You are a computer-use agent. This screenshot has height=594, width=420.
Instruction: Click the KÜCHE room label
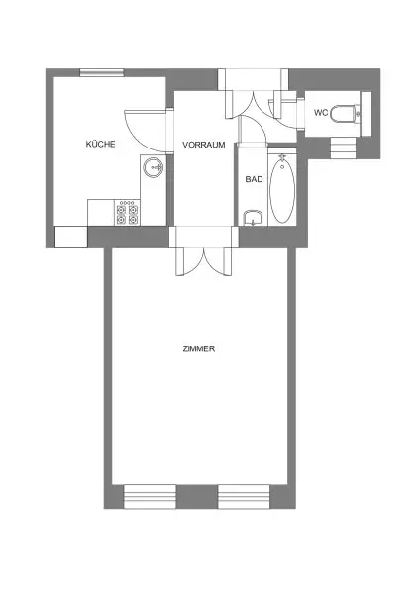100,145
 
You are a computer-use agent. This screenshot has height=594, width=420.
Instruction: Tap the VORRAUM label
204,145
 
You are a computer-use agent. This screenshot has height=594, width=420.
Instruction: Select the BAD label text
253,179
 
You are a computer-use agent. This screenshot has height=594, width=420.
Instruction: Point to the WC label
320,113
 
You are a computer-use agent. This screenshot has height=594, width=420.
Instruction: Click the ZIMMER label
199,349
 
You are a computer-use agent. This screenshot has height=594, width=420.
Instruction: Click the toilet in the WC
347,113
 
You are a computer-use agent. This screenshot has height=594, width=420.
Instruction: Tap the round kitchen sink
154,167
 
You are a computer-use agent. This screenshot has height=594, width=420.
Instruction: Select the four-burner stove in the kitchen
128,212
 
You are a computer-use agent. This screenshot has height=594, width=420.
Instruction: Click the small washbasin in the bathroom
252,220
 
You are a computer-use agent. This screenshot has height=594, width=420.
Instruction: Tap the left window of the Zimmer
148,496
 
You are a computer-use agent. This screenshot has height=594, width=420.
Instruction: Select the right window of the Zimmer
245,496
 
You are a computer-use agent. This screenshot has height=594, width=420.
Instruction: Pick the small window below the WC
342,147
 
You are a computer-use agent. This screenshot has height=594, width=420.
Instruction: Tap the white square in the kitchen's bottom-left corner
70,238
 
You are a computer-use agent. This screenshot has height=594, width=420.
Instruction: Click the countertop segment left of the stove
102,212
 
